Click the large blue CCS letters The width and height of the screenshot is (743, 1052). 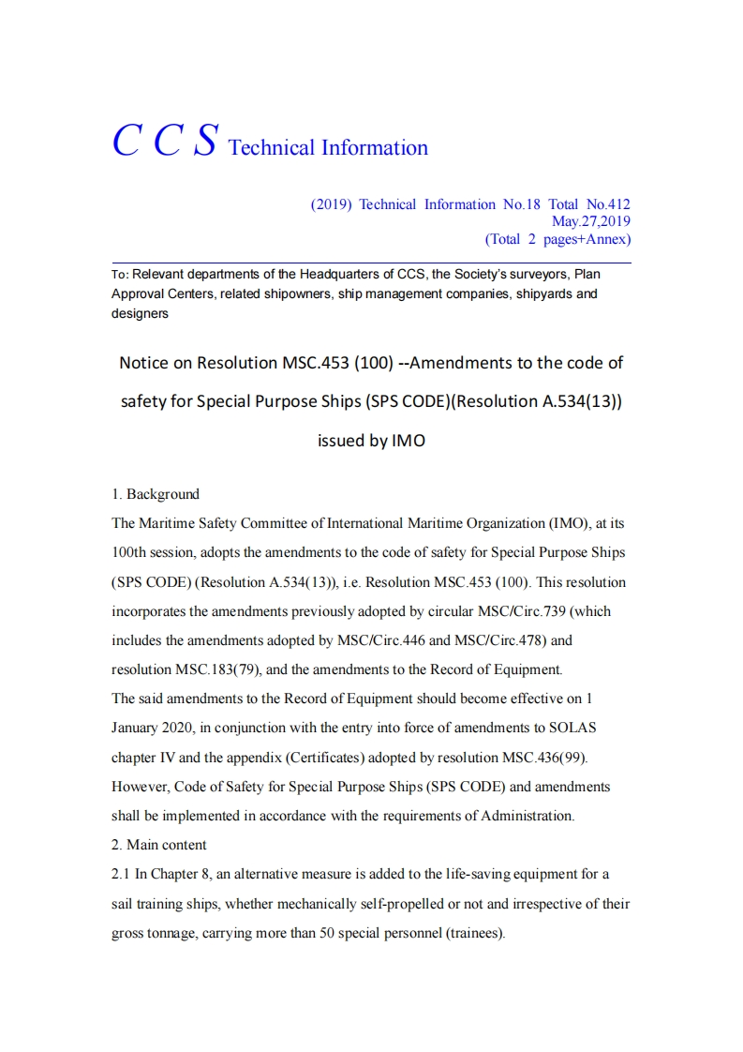(166, 141)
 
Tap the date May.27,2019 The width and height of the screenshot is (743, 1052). (590, 221)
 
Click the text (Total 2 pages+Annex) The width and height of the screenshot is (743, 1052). (557, 239)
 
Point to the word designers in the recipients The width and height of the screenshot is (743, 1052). (140, 314)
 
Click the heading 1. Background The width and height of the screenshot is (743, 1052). (156, 494)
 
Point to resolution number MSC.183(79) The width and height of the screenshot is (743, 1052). (217, 670)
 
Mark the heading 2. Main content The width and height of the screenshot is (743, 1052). (159, 845)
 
